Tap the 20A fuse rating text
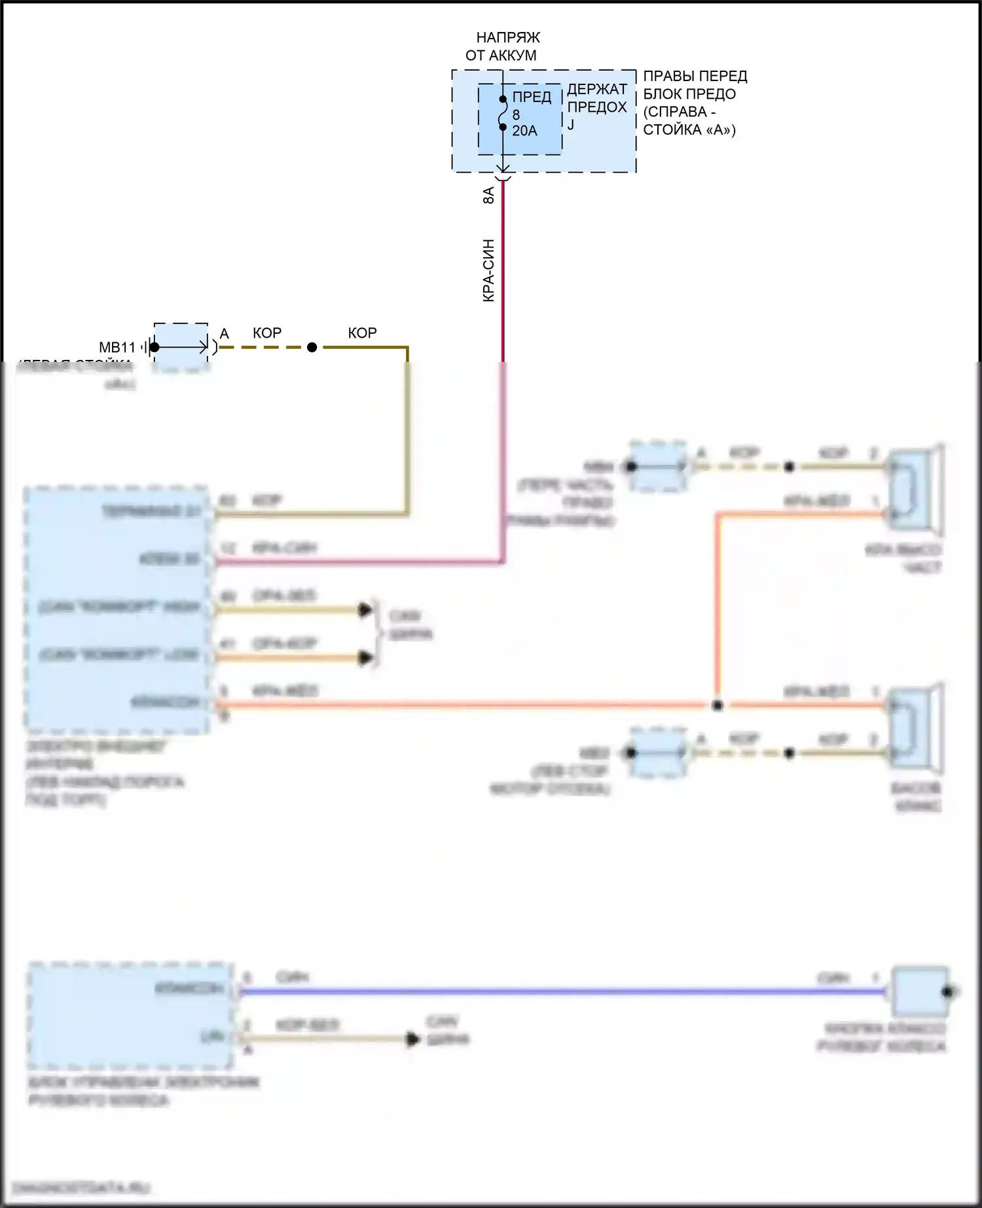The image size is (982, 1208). (524, 131)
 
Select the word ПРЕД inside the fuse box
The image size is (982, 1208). (532, 98)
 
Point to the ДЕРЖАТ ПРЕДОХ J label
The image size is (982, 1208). (596, 105)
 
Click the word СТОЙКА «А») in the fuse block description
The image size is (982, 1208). (689, 130)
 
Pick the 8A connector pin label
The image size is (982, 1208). (488, 195)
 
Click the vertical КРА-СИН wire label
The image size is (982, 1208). (488, 270)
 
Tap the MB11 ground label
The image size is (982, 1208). (117, 347)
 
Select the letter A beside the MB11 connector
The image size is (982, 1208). (225, 334)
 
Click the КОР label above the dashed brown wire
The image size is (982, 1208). (267, 333)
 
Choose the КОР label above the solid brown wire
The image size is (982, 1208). (362, 333)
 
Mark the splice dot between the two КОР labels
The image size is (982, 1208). (312, 347)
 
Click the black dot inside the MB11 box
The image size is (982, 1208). (155, 347)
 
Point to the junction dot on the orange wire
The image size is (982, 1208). (718, 705)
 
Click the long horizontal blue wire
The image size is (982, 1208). (556, 992)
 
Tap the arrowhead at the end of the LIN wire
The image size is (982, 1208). (413, 1039)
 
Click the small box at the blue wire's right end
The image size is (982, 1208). (920, 991)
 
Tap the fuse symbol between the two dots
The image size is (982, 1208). (502, 113)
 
